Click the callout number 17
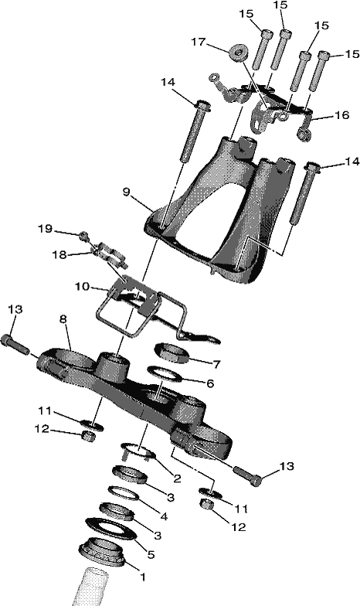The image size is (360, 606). pos(199,42)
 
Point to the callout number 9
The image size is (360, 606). pos(127,192)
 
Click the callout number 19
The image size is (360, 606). pos(45,229)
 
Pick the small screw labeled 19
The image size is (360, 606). pos(83,235)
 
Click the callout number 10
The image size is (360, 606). pos(83,287)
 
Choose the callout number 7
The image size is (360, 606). pos(216,364)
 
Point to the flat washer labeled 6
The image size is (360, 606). pos(166,374)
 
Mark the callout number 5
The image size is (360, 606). pos(151,555)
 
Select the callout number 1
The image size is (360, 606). pos(142,577)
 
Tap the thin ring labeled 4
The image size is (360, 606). pos(124,493)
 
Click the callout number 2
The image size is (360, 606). pos(178,479)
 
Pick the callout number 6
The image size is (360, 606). pos(210,383)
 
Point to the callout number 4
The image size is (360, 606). pos(164,516)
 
